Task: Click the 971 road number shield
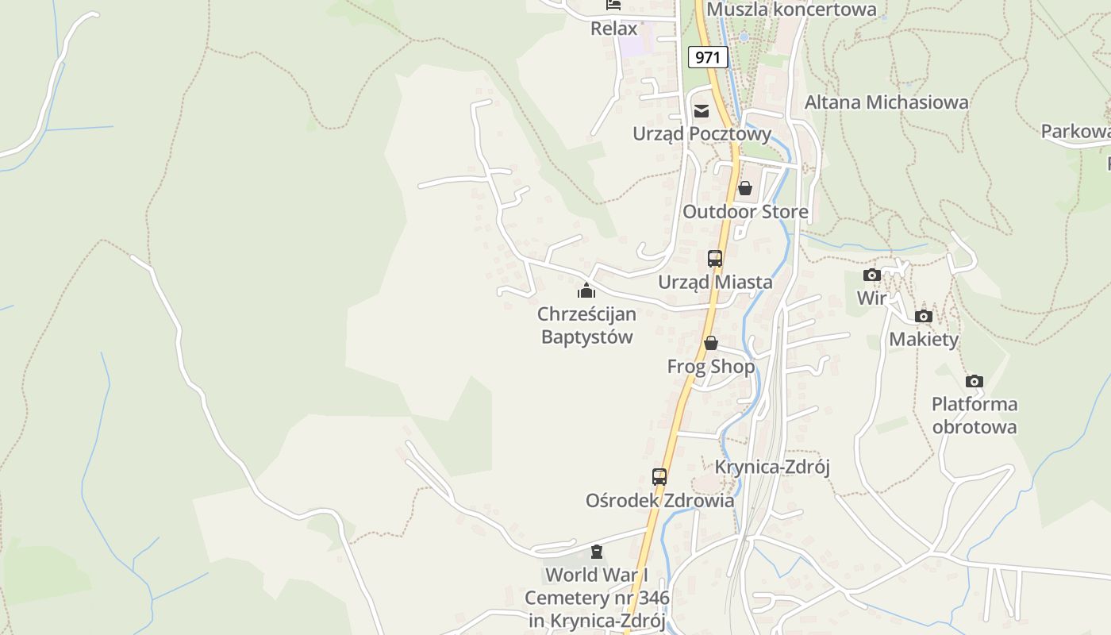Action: click(707, 57)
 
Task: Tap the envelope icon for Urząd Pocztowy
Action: click(702, 111)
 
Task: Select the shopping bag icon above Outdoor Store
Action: click(744, 188)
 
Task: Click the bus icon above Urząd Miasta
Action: click(715, 258)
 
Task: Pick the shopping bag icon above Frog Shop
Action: click(711, 343)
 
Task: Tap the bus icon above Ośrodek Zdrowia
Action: click(659, 477)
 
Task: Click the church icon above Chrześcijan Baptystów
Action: click(586, 291)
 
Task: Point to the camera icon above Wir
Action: click(872, 275)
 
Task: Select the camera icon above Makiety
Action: click(923, 316)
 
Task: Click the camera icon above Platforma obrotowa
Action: click(975, 381)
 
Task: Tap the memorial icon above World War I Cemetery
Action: click(597, 552)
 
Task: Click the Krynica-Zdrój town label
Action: click(772, 467)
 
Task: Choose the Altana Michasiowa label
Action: click(886, 102)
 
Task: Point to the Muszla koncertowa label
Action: click(791, 10)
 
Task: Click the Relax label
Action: click(614, 29)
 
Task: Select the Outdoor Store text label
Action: click(745, 212)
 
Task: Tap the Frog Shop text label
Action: click(711, 367)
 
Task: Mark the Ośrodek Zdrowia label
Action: click(659, 501)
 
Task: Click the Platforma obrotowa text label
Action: click(975, 415)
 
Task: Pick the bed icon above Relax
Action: click(613, 5)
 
